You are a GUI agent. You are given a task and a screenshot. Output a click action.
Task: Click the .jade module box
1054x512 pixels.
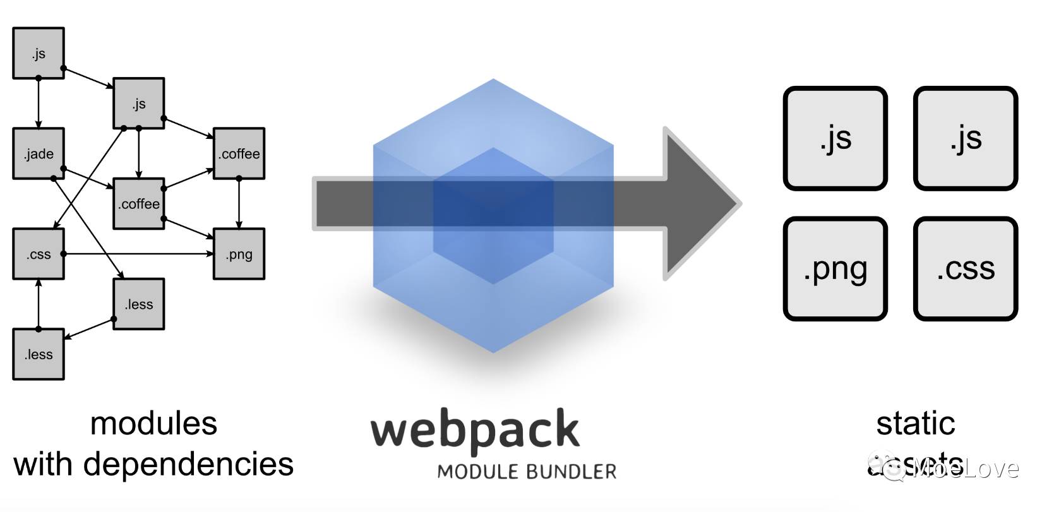[x=39, y=154]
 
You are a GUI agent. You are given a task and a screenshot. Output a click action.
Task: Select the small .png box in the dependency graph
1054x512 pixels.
[x=239, y=254]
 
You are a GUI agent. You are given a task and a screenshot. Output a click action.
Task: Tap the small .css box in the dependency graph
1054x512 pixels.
[x=39, y=254]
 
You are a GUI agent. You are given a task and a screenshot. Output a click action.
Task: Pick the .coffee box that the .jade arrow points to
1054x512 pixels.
[x=139, y=204]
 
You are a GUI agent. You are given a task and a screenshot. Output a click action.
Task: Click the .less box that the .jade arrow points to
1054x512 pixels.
[x=139, y=304]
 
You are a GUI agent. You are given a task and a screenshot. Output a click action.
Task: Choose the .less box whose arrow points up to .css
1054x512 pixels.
[x=39, y=354]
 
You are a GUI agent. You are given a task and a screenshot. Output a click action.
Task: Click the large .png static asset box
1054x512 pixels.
[x=835, y=269]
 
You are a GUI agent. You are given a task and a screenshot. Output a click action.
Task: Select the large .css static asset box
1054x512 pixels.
[x=965, y=269]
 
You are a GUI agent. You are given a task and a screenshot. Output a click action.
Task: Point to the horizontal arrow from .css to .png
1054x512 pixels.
[x=139, y=254]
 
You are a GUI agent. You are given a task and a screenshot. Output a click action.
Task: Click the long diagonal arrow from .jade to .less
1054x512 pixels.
[x=88, y=227]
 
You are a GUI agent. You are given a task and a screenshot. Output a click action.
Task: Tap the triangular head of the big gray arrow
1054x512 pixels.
[x=701, y=203]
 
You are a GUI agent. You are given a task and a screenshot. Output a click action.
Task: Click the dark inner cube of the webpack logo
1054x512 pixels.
[x=493, y=215]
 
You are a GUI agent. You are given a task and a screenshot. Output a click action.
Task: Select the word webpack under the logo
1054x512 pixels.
[x=474, y=430]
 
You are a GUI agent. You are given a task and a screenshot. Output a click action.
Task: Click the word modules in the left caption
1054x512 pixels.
[x=153, y=424]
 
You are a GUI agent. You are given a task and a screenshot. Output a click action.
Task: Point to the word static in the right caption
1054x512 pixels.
[x=915, y=424]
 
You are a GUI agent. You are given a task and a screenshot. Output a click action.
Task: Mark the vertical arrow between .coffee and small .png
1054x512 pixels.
[x=239, y=203]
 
